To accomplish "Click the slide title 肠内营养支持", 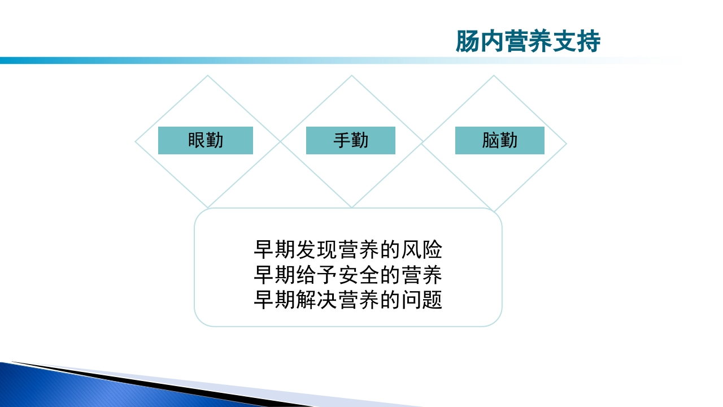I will (x=528, y=42).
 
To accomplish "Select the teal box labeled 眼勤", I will (x=206, y=141).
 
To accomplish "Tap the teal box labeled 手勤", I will (x=351, y=141).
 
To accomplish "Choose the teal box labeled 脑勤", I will (x=500, y=141).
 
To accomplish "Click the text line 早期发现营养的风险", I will (x=348, y=250).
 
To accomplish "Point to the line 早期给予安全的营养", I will (x=348, y=275).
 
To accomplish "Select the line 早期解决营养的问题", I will (x=348, y=300).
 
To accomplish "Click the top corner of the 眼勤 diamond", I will (x=208, y=76).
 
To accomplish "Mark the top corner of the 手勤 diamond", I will (x=351, y=76).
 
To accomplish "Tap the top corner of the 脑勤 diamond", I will (x=494, y=76).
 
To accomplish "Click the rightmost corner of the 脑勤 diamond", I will (x=566, y=144).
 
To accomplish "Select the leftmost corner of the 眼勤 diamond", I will (x=136, y=142).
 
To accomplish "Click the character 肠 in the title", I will (x=467, y=42).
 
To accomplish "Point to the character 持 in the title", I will (x=589, y=42).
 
